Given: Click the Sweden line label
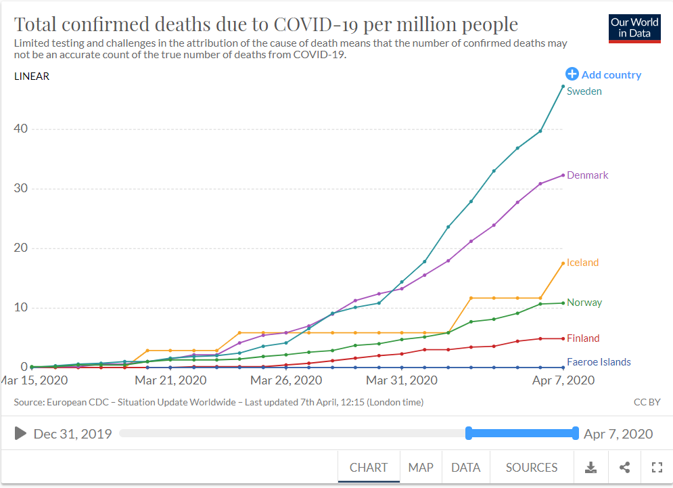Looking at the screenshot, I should pos(584,91).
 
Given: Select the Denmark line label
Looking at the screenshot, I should pos(587,175).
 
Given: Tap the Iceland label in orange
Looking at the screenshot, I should pos(582,263).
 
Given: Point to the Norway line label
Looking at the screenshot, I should pos(584,303).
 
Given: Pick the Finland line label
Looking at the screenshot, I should pos(583,338).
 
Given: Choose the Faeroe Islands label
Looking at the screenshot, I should pos(599,362).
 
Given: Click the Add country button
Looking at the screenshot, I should pos(603,74).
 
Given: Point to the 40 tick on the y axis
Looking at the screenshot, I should pos(22,129).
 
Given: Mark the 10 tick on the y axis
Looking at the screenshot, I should pos(22,308).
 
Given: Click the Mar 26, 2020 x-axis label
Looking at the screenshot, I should pos(286,380).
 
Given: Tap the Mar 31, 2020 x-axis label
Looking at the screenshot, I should pos(402,380).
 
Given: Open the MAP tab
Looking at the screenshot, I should pos(421,468).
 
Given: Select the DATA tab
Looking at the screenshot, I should pos(465,468).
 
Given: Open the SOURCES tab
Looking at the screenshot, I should pos(532,468).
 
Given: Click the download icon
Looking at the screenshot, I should pos(591,468).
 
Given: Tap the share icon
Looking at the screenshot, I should pos(624,468).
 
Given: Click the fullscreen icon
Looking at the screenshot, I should pos(656,468).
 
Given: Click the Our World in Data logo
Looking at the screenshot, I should pos(634,28).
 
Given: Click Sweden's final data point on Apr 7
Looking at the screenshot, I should pos(563,86).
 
